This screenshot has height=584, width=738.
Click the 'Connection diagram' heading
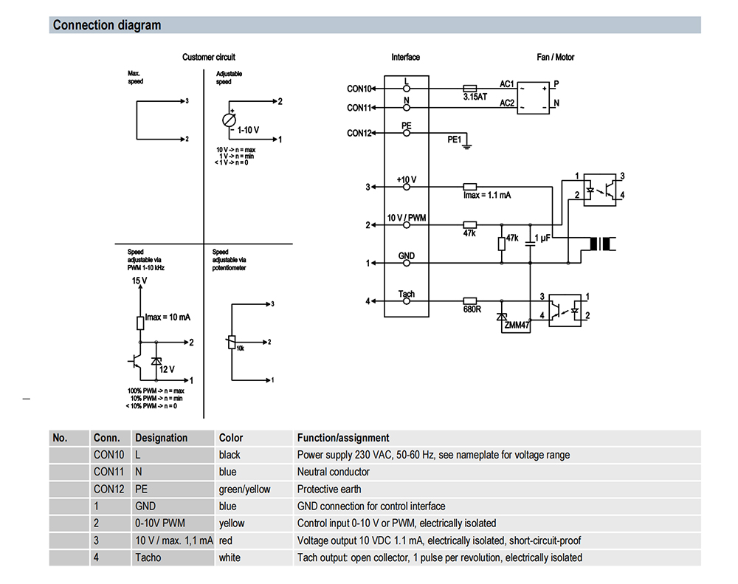point(106,25)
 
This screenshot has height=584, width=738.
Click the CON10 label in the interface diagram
point(359,89)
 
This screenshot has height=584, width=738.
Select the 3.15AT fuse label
point(475,97)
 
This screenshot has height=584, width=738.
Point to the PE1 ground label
point(455,139)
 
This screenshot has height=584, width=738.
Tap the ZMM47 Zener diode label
point(517,326)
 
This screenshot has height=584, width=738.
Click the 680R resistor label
point(472,309)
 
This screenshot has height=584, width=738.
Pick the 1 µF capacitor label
point(542,238)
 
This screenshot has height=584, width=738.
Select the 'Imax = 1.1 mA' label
point(487,196)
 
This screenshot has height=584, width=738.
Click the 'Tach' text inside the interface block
point(406,294)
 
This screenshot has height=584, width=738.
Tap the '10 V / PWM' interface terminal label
point(407,219)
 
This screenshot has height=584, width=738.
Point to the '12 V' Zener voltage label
point(167,369)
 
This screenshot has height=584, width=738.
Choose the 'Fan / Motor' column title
point(555,57)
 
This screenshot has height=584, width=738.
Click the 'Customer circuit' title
point(209,57)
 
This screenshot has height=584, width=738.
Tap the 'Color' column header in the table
point(231,438)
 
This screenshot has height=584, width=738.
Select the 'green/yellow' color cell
point(244,489)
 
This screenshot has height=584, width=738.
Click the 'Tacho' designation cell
point(148,557)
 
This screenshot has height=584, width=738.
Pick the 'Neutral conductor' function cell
point(333,472)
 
